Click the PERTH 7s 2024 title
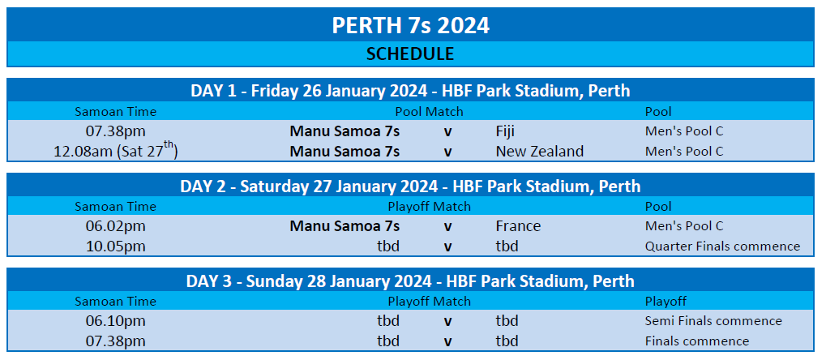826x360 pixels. pos(410,25)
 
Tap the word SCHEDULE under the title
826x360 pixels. pos(410,54)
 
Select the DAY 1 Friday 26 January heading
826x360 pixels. pos(410,91)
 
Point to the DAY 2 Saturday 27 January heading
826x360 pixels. pos(410,186)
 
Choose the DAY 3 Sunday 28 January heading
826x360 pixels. pos(410,281)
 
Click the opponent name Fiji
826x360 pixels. pos(505,131)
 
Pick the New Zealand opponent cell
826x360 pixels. pos(539,152)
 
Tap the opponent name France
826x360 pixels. pos(518,226)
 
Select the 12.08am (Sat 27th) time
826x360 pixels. pos(116,150)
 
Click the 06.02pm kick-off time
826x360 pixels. pos(116,226)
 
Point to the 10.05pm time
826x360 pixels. pos(116,246)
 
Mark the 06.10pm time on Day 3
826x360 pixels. pos(116,321)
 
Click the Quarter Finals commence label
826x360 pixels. pos(722,246)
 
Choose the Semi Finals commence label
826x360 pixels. pos(713,321)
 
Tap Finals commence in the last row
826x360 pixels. pos(696,341)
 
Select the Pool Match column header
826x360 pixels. pos(430,112)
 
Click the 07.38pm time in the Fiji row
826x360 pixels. pos(116,131)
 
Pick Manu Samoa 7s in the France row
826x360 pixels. pos(345,226)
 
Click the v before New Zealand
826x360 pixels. pos(447,152)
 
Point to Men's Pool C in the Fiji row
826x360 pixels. pos(684,131)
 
